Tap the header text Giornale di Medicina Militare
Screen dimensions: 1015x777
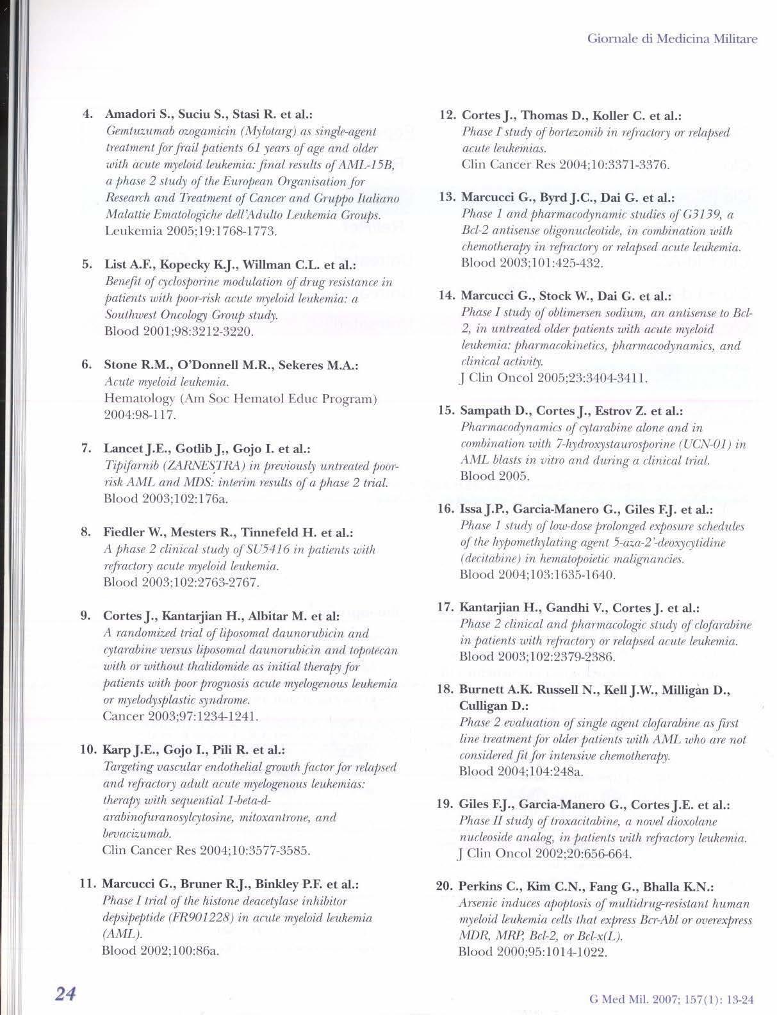point(672,38)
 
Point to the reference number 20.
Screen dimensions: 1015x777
point(445,886)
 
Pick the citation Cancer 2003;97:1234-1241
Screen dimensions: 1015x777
point(181,716)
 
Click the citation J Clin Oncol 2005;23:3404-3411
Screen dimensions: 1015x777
point(555,377)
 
